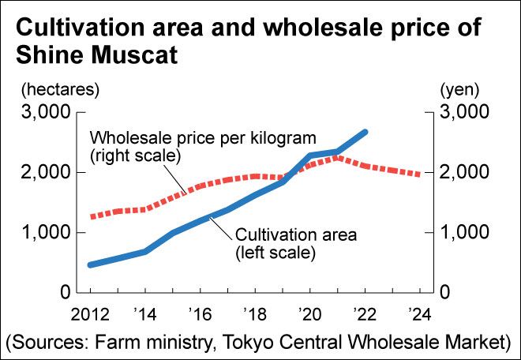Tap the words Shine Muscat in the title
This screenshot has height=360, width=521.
[96, 57]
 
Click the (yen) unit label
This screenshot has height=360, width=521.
[455, 87]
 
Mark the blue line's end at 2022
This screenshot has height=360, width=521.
[365, 132]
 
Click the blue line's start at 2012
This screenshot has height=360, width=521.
[91, 264]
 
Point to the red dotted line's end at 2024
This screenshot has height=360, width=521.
[418, 174]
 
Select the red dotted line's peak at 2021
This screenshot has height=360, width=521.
[336, 158]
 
